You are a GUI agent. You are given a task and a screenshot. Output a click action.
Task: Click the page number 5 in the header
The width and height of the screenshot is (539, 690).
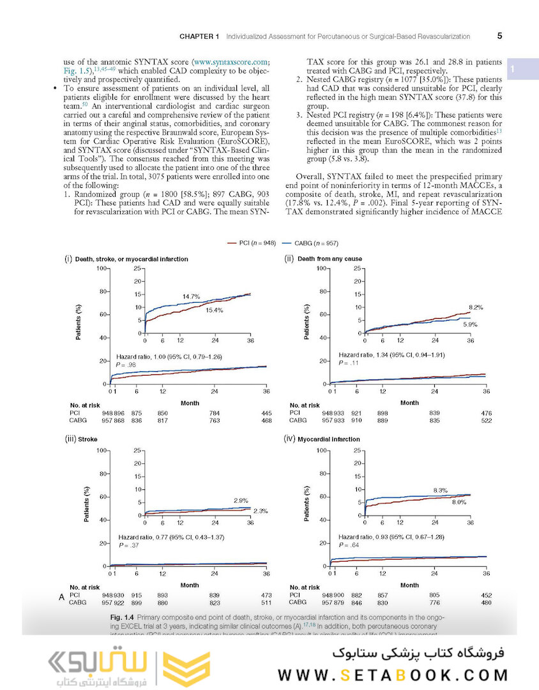(x=499, y=36)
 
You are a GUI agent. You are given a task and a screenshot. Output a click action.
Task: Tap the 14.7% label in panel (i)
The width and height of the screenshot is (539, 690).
(x=191, y=296)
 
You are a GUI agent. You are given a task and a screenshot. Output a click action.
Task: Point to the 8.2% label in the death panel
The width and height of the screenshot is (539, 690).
(x=476, y=307)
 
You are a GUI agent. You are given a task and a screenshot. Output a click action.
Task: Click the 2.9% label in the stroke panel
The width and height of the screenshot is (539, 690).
(x=241, y=500)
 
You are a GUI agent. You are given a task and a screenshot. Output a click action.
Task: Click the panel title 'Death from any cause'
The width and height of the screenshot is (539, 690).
(x=330, y=259)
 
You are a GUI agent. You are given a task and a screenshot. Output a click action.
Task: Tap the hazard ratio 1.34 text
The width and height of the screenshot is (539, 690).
(x=391, y=354)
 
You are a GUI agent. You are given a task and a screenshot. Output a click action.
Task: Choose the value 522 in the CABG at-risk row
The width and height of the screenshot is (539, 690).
(x=486, y=420)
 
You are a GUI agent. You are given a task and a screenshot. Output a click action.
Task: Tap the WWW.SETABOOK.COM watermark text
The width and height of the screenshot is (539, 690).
(x=393, y=675)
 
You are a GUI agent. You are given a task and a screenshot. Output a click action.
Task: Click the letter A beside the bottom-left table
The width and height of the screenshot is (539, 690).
(x=62, y=597)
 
